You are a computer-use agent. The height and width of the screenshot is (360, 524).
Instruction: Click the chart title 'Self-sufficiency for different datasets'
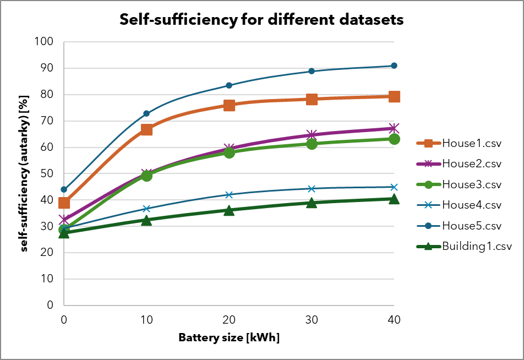click(262, 20)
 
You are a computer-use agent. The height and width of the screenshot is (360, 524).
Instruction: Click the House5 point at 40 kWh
click(394, 66)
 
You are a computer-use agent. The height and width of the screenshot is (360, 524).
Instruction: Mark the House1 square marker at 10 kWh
click(146, 129)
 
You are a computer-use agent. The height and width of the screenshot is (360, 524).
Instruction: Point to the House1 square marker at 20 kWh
click(229, 105)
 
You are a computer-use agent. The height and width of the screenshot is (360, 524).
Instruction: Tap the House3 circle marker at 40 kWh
click(394, 139)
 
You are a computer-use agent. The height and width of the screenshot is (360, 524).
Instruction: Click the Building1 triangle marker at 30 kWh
click(312, 203)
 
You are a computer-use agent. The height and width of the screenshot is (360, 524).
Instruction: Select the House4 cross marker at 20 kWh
click(229, 195)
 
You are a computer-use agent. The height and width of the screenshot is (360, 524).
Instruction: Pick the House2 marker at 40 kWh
click(394, 128)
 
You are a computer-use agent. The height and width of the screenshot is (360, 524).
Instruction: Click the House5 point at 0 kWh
click(64, 189)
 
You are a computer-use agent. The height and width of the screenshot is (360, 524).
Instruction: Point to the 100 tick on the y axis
click(46, 42)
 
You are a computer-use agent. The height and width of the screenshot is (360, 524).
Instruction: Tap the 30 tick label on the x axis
click(312, 319)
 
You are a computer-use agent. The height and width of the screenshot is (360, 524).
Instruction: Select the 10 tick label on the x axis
click(146, 319)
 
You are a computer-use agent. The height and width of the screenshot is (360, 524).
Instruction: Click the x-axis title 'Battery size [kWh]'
click(229, 337)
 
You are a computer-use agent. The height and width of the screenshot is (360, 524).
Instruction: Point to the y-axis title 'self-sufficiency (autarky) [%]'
click(25, 173)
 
